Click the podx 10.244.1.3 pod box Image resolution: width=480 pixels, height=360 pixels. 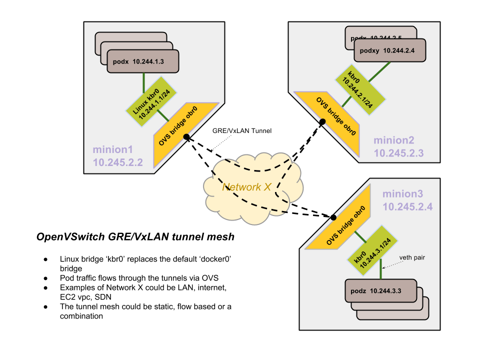pos(143,61)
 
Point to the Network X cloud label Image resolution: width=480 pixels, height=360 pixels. pos(247,187)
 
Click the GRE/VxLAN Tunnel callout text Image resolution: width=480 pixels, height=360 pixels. pos(242,130)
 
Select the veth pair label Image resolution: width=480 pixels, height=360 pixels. pos(413,258)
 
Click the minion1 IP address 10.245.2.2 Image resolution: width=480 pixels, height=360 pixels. pos(117,162)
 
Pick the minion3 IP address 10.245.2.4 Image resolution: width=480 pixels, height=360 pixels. pos(408,205)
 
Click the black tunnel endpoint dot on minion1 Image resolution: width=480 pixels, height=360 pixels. pos(185,136)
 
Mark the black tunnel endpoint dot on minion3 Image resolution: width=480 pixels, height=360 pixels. pos(332,216)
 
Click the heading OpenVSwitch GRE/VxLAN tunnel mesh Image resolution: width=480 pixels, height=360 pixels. pos(135,237)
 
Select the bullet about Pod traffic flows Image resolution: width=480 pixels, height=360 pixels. pos(139,277)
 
